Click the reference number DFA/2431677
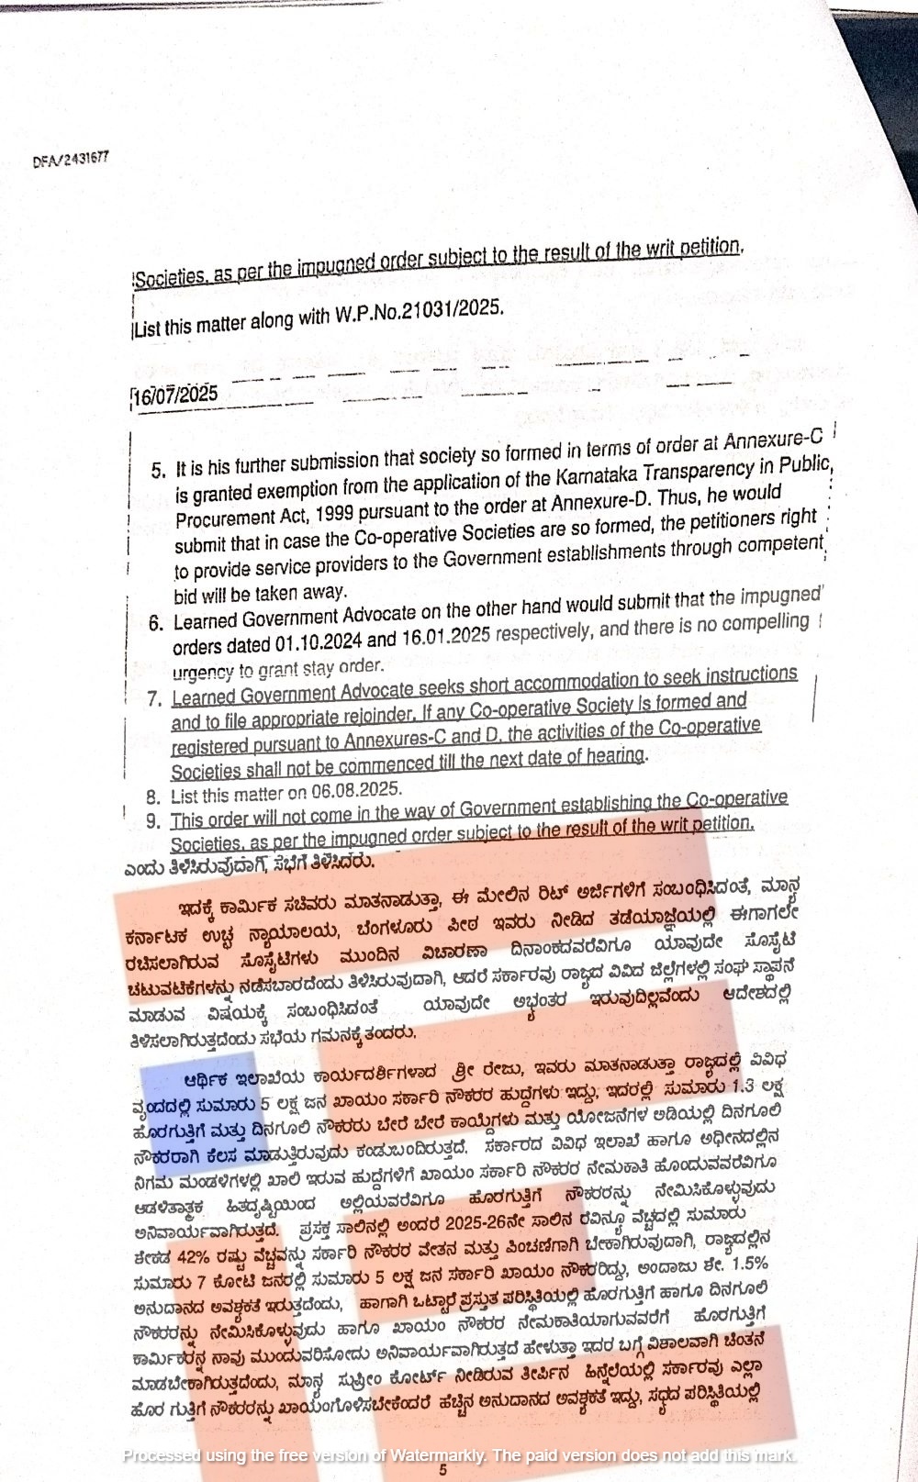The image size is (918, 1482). pyautogui.click(x=71, y=159)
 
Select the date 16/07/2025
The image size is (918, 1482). pyautogui.click(x=175, y=396)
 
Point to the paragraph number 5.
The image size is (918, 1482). pyautogui.click(x=158, y=471)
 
